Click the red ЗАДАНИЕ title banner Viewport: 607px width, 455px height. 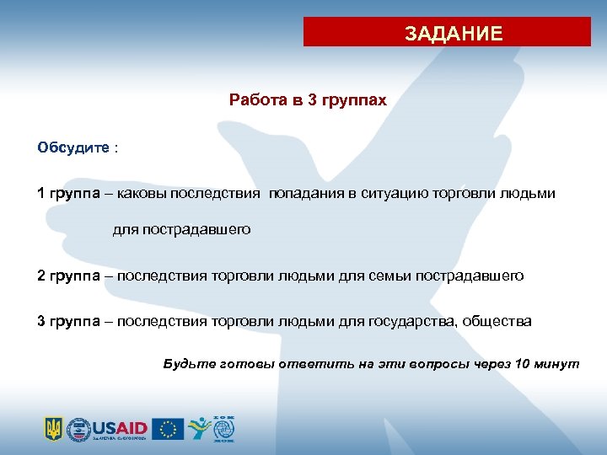447,33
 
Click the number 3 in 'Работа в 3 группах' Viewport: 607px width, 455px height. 313,100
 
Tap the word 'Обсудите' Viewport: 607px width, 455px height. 73,148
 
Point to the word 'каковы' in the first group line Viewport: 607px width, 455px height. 142,194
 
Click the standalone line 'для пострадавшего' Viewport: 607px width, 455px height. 182,230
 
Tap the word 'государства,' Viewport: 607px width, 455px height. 408,321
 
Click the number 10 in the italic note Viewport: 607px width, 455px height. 521,363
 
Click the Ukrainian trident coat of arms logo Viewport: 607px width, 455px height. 53,428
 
